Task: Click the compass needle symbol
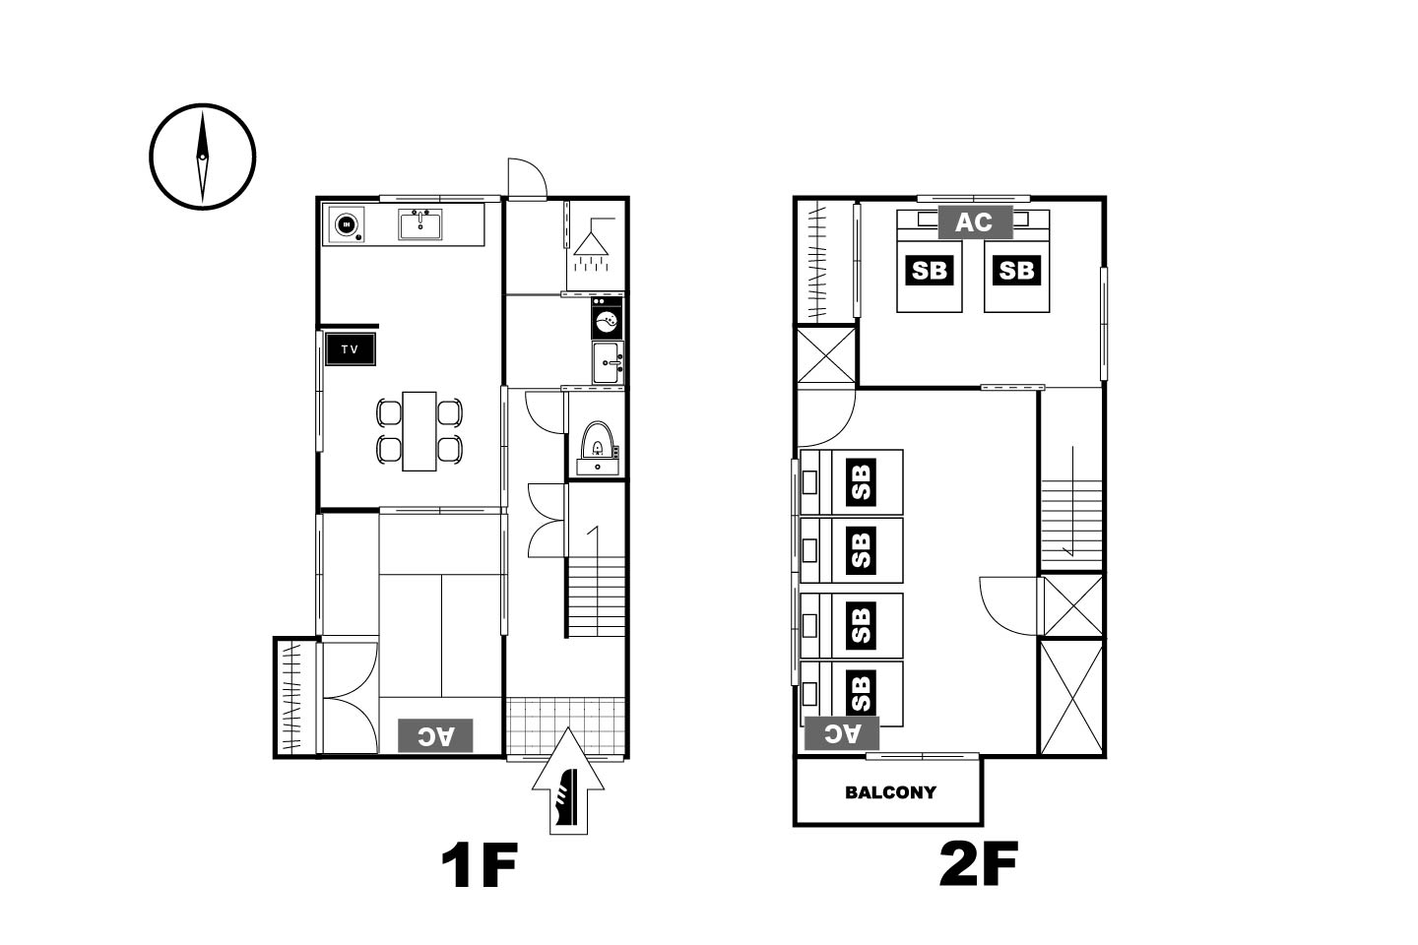click(x=203, y=157)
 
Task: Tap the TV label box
click(x=351, y=349)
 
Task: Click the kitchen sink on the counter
click(x=419, y=224)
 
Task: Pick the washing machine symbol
click(x=607, y=318)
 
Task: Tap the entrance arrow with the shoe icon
click(x=568, y=781)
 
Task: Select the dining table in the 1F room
click(x=419, y=431)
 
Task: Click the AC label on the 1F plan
click(x=435, y=735)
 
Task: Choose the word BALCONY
click(x=890, y=792)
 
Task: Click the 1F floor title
click(x=480, y=864)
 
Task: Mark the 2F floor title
click(x=978, y=864)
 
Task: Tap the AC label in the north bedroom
click(x=975, y=222)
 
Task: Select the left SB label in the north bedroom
click(x=930, y=271)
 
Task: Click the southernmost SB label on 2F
click(x=861, y=693)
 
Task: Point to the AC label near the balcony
click(x=842, y=733)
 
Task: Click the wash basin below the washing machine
click(x=608, y=362)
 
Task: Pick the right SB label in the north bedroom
click(x=1016, y=271)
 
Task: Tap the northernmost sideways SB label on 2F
click(x=861, y=482)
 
